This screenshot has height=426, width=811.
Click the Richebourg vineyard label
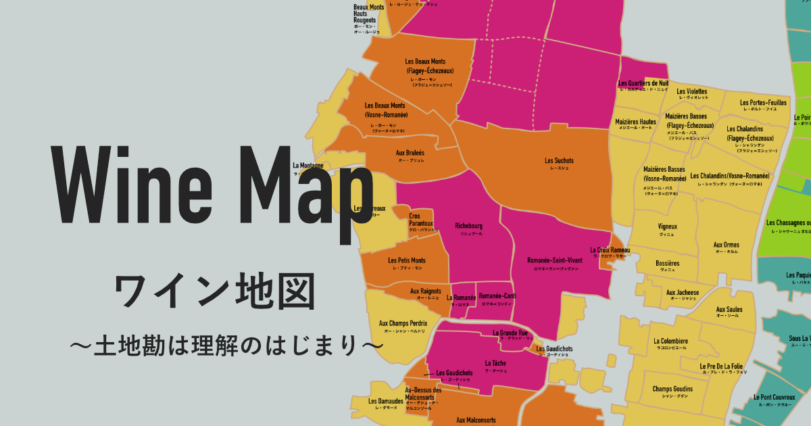tap(468, 226)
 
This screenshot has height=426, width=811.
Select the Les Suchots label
tap(559, 161)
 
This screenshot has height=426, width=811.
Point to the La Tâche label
tap(495, 364)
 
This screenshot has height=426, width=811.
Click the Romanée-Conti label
tap(497, 296)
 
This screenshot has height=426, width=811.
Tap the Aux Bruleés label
tap(410, 153)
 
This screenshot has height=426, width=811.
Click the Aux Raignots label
tap(426, 291)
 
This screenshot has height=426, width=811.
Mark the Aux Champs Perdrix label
tap(403, 324)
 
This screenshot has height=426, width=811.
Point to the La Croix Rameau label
tap(610, 250)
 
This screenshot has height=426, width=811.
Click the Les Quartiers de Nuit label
tap(643, 84)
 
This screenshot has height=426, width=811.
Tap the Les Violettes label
tap(691, 92)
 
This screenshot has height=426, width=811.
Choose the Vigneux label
tap(668, 227)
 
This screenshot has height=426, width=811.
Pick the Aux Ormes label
tap(727, 245)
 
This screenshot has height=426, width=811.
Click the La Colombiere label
tap(670, 341)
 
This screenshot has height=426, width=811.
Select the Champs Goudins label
tap(672, 389)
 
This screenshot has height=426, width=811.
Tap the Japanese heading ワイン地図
tap(215, 292)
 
